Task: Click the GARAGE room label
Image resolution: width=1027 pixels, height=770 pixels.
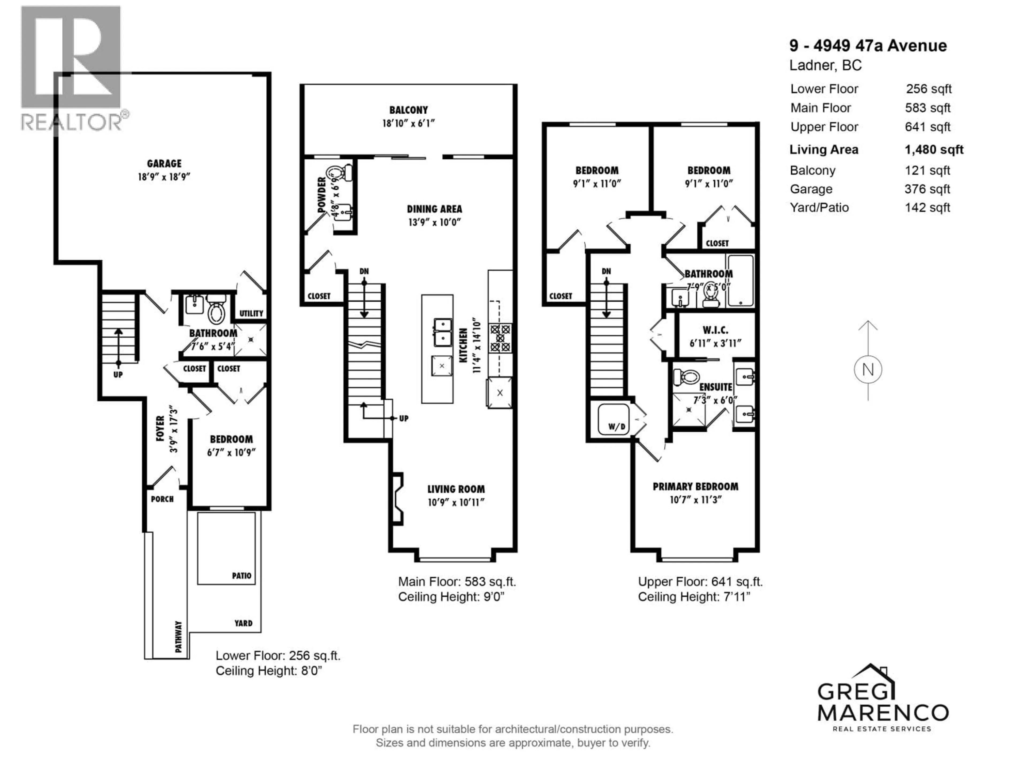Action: coord(164,163)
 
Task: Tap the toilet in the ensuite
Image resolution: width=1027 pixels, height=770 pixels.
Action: coord(686,375)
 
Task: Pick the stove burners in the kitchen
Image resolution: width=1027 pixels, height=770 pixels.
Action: coord(500,338)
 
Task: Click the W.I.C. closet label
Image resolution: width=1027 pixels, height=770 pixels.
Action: coord(715,330)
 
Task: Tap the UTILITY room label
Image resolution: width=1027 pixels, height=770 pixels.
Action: coord(251,313)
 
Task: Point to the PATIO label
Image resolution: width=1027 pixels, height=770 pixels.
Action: coord(242,576)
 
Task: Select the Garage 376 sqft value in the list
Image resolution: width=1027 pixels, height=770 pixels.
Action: coord(927,189)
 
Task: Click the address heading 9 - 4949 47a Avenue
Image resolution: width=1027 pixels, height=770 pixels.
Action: coord(868,45)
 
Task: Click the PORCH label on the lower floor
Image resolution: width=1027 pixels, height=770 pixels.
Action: coord(162,499)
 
